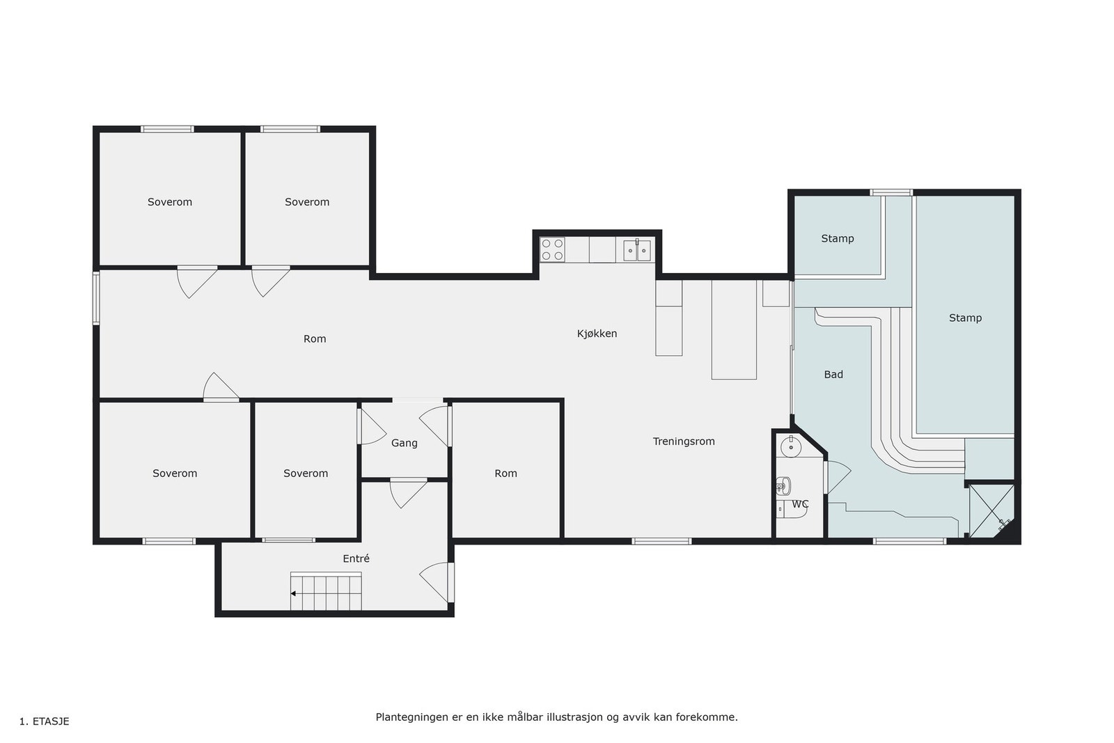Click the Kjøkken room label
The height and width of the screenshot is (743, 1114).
point(597,334)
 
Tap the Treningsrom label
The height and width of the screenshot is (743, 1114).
point(683,441)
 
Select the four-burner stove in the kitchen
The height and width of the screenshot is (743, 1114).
point(552,250)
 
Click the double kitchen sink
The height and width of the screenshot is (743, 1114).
point(636,250)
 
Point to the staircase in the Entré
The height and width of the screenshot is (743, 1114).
point(326,592)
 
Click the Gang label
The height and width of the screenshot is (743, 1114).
point(404,443)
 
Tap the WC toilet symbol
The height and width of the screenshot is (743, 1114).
point(783,485)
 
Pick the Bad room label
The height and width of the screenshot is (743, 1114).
point(833,375)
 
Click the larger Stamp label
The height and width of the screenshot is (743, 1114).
point(964,318)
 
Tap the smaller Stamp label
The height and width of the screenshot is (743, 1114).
point(837,239)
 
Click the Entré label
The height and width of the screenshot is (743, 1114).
point(356,558)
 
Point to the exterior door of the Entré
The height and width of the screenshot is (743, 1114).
point(450,582)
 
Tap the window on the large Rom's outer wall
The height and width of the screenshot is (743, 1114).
point(97,298)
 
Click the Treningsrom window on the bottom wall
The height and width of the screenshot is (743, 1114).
point(661,541)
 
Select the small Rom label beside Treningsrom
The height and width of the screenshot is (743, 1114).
point(505,474)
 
